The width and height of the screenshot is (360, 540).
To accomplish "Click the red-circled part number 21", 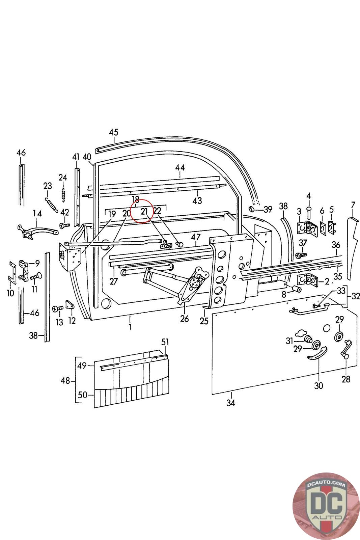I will tap(144, 212).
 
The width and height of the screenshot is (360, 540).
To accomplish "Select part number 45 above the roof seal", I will tap(114, 132).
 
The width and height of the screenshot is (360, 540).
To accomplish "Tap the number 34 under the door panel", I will tap(230, 403).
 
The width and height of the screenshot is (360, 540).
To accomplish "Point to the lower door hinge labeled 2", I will tap(307, 280).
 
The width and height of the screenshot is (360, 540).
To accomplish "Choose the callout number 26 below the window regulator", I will tap(184, 318).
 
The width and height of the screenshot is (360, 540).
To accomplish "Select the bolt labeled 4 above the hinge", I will tap(309, 212).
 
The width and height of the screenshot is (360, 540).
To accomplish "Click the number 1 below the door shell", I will tap(130, 326).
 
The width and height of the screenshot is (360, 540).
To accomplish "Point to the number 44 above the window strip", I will tap(180, 167).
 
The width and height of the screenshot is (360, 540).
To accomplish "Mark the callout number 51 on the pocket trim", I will tap(165, 342).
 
